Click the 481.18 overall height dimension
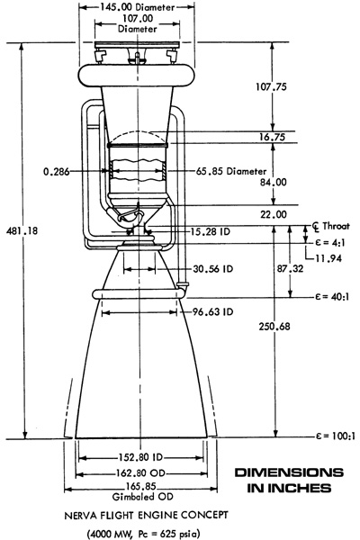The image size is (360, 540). tap(22, 231)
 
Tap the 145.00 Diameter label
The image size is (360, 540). tap(138, 7)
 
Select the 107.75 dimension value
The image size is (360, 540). tap(271, 86)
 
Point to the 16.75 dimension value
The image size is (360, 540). tap(272, 137)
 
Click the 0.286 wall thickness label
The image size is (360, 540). tap(56, 171)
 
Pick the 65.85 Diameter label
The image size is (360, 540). tap(231, 171)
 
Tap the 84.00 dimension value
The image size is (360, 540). tap(274, 182)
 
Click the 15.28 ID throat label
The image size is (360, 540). tap(210, 231)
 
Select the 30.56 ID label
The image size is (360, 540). tap(213, 268)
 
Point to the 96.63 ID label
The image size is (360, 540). tap(212, 311)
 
